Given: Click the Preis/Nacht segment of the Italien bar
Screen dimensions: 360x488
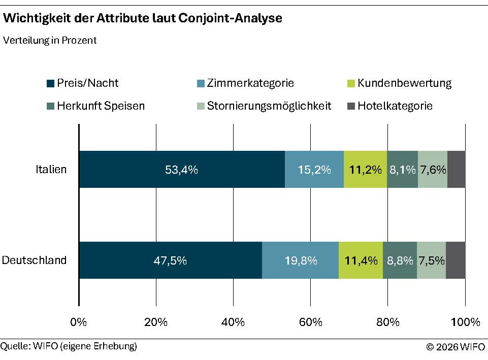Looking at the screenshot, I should click(182, 170).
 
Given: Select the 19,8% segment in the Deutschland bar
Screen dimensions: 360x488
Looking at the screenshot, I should click(300, 260).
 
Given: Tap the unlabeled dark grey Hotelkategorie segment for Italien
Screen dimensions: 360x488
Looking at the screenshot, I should click(456, 170).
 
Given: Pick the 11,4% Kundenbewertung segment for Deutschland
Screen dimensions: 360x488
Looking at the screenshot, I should click(361, 260).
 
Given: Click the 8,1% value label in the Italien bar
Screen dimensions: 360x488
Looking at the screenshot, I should click(402, 170).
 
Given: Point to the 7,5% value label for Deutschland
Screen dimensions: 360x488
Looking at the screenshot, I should click(432, 260).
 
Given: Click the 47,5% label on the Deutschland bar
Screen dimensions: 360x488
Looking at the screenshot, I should click(170, 261).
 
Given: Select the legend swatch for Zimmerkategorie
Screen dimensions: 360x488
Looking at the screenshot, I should click(200, 83).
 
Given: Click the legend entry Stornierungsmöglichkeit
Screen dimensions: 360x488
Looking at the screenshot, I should click(269, 106).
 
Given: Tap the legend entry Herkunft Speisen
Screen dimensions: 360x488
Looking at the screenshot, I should click(101, 106).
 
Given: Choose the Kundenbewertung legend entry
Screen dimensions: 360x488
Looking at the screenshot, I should click(404, 83).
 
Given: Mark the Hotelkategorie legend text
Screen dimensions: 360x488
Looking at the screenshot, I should click(395, 106).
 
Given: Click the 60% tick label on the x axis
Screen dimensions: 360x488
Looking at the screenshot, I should click(310, 322).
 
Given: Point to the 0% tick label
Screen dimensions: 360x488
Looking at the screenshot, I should click(79, 322).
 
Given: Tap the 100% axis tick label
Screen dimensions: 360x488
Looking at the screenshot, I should click(465, 322).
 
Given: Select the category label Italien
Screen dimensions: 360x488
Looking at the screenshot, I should click(51, 170).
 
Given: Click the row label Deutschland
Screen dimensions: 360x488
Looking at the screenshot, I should click(35, 260).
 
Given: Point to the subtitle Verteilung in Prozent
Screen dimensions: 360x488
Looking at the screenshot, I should click(50, 41).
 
